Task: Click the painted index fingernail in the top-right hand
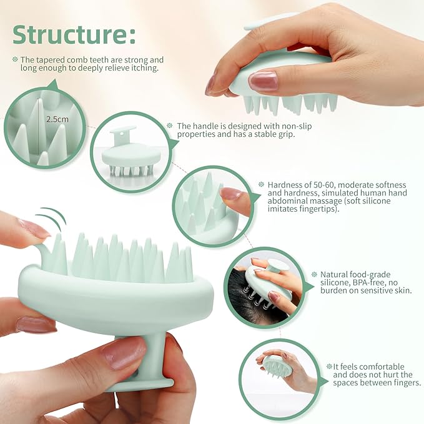click(x=263, y=81)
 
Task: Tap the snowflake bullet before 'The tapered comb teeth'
click(x=15, y=59)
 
